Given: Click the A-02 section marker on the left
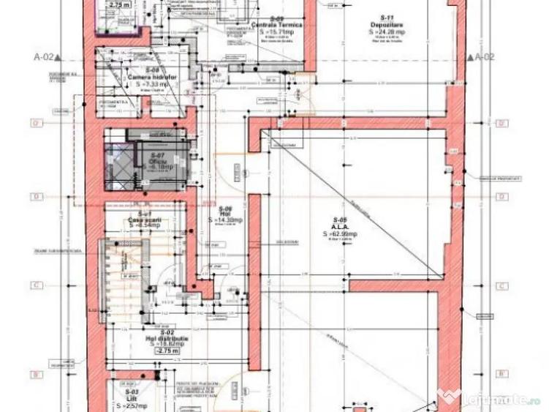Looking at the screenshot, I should click(x=44, y=56).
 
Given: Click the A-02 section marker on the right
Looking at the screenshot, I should click(x=485, y=56).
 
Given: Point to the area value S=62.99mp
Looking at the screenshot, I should click(x=339, y=235).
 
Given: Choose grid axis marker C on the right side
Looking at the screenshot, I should click(x=501, y=286).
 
